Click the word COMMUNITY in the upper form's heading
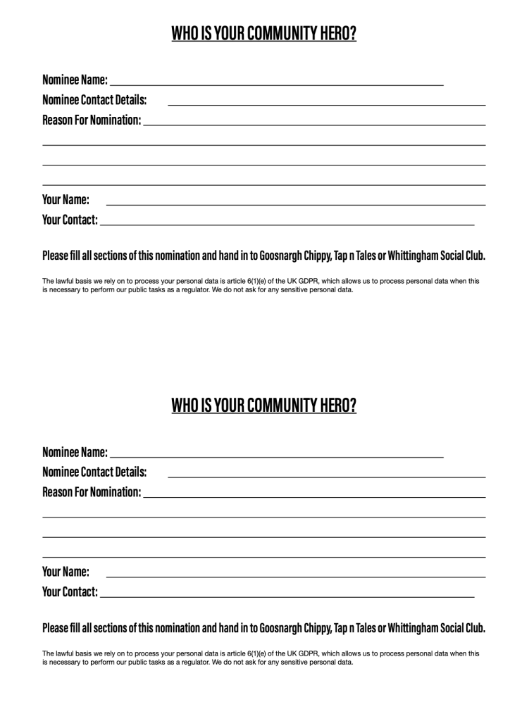[x=270, y=34]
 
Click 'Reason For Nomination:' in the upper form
[x=92, y=119]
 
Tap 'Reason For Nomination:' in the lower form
[x=92, y=491]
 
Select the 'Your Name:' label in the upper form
[x=66, y=199]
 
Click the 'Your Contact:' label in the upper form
[x=70, y=220]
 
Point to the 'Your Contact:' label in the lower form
[x=70, y=592]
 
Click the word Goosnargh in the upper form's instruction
[x=281, y=255]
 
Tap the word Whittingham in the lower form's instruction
[x=423, y=627]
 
